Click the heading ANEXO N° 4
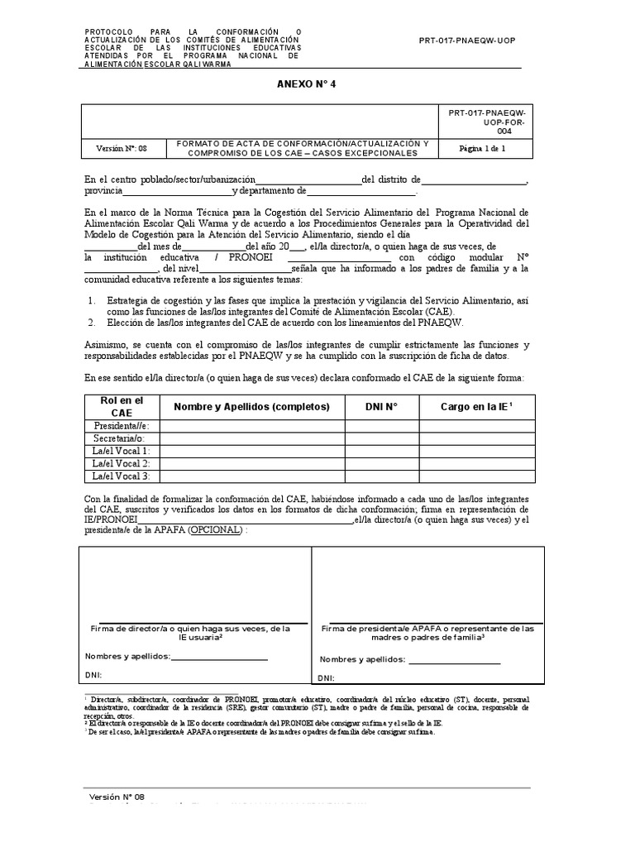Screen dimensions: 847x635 pyautogui.click(x=306, y=84)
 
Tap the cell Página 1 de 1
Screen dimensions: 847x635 pyautogui.click(x=488, y=149)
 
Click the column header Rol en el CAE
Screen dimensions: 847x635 pyautogui.click(x=122, y=406)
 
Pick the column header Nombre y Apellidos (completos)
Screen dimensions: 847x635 pyautogui.click(x=251, y=406)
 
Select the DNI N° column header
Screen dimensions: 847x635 pyautogui.click(x=381, y=406)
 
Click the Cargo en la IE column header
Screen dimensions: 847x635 pyautogui.click(x=476, y=406)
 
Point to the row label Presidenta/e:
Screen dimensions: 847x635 pyautogui.click(x=122, y=425)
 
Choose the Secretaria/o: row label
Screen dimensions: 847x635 pyautogui.click(x=122, y=438)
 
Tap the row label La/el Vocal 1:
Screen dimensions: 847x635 pyautogui.click(x=122, y=450)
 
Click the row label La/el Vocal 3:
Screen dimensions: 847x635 pyautogui.click(x=122, y=476)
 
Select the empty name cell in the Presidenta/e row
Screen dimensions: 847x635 pyautogui.click(x=251, y=425)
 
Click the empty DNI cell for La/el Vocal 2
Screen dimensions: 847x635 pyautogui.click(x=381, y=463)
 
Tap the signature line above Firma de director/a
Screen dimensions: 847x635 pyautogui.click(x=203, y=622)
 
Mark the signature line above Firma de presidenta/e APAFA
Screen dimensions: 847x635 pyautogui.click(x=436, y=623)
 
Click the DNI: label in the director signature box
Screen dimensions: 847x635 pyautogui.click(x=93, y=675)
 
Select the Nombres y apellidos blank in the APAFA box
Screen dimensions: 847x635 pyautogui.click(x=454, y=663)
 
